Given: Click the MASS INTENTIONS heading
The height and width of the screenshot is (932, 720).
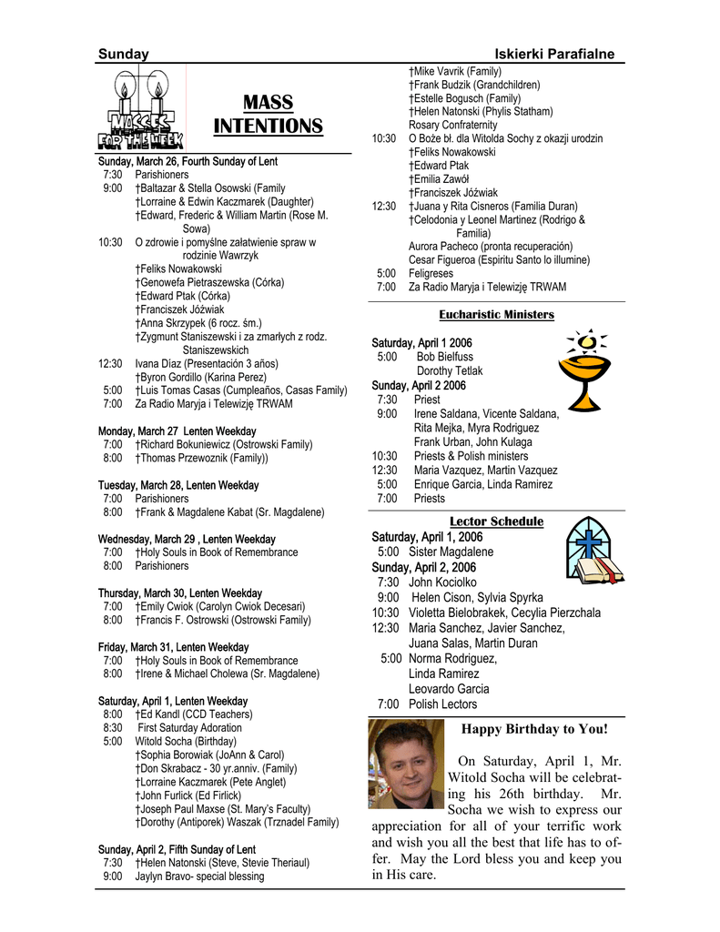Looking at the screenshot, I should (x=268, y=114).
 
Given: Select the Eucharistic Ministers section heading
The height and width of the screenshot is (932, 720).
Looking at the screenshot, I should (x=496, y=314).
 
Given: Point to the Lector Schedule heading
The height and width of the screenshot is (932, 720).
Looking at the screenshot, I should (x=496, y=522).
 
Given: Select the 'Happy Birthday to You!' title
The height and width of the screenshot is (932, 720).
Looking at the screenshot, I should (x=534, y=729).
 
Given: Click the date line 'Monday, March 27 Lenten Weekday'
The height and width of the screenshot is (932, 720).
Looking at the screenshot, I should (x=177, y=431).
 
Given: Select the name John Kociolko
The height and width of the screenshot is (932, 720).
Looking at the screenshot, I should (x=442, y=582).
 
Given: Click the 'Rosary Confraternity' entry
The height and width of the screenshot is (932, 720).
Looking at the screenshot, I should (x=452, y=125).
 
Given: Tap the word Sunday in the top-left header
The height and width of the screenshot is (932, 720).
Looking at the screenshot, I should (x=123, y=55).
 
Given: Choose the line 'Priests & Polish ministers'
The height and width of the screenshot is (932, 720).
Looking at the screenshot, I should (x=471, y=456).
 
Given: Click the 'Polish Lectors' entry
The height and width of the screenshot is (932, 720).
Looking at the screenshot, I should (x=442, y=704).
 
